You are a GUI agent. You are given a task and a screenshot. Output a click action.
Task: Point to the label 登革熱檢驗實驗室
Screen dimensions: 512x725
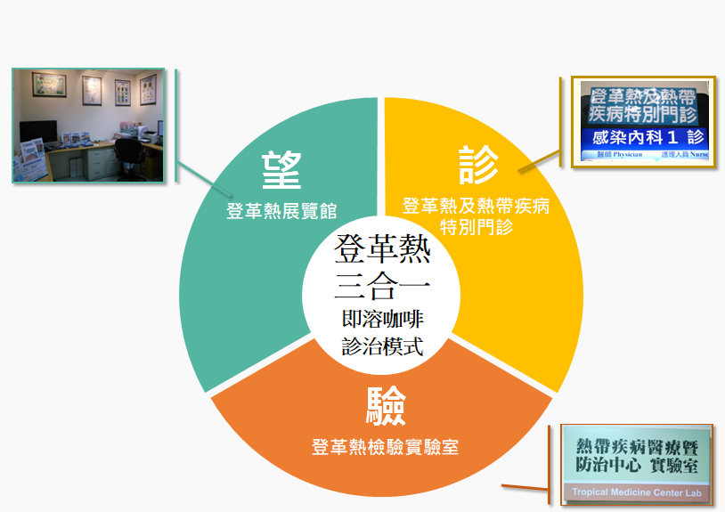[385, 447]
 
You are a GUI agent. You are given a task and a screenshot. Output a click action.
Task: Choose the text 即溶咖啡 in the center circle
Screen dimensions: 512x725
[382, 319]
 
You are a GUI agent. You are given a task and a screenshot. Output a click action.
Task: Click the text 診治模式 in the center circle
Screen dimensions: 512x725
[382, 346]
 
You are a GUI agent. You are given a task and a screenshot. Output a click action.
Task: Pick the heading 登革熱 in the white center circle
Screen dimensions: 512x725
[382, 250]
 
